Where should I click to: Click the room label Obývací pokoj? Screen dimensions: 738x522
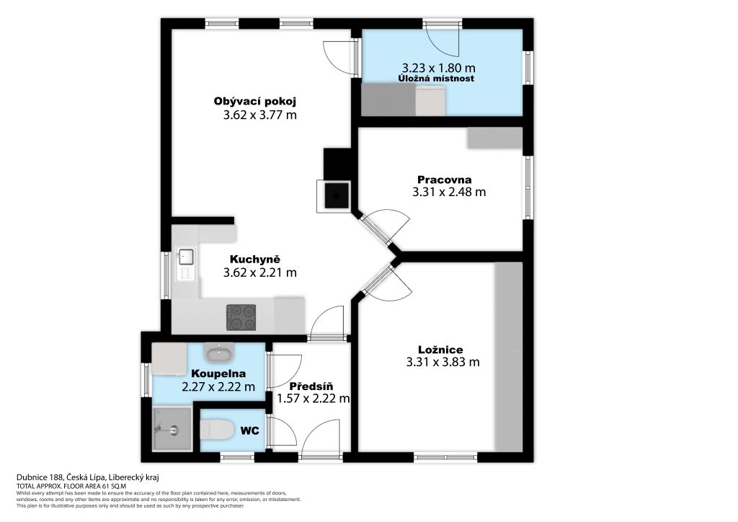[254, 101]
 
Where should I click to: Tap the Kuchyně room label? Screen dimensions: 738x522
[254, 260]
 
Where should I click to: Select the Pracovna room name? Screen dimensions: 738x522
[444, 180]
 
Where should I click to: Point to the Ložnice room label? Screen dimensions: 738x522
[440, 350]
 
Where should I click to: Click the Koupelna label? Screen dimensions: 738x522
[218, 373]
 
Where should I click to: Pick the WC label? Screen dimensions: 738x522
[250, 430]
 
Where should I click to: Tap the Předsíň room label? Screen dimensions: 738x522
[311, 386]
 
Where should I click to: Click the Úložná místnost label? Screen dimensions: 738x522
[436, 79]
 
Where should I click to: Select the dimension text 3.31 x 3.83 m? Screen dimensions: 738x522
[443, 362]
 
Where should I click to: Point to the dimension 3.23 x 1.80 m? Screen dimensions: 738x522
[438, 68]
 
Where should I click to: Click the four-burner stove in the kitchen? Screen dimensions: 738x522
[241, 317]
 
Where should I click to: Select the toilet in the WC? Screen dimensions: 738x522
[217, 430]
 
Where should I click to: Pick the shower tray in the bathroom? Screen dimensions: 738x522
[172, 429]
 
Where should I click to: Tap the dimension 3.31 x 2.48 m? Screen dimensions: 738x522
[449, 192]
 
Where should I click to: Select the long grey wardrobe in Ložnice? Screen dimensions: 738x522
[509, 356]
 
